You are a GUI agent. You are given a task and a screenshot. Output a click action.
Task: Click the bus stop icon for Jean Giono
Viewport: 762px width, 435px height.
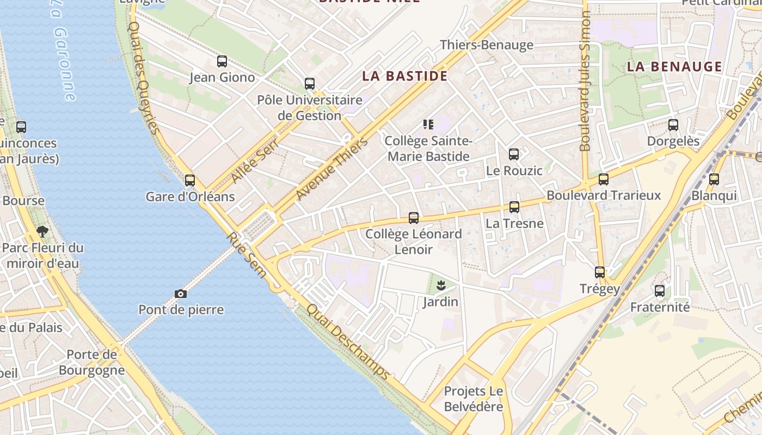tap(222, 61)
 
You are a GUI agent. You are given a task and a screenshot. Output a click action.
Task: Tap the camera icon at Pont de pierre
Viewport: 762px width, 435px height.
tap(181, 294)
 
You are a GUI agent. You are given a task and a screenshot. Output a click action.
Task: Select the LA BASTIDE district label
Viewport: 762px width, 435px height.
tap(405, 76)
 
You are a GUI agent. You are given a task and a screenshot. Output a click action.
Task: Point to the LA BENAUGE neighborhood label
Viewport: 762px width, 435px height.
tap(674, 67)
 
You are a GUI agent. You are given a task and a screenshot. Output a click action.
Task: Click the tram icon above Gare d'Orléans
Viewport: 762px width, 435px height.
tap(190, 180)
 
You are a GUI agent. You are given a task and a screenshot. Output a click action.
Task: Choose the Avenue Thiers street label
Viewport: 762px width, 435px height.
tap(331, 169)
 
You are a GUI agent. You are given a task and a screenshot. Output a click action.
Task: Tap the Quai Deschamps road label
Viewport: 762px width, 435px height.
tap(348, 341)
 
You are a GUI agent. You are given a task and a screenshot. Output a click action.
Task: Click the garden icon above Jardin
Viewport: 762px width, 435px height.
tap(441, 285)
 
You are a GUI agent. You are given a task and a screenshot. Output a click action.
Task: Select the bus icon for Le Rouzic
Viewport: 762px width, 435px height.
tap(514, 154)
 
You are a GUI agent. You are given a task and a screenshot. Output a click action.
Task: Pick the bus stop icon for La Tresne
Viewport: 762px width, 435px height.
tap(514, 207)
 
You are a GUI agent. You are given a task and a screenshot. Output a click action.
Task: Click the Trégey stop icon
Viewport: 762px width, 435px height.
tap(600, 272)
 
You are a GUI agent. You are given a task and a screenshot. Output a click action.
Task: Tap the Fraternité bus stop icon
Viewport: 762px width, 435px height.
tap(660, 291)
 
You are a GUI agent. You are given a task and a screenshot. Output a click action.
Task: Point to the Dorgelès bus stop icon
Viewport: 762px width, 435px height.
tap(673, 125)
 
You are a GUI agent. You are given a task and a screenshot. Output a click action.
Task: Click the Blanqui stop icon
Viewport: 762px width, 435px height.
tap(714, 179)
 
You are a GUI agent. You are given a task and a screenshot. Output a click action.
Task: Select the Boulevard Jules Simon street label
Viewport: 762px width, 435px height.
tap(585, 82)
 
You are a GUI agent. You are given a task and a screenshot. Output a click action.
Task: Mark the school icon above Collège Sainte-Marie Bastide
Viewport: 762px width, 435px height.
tap(428, 125)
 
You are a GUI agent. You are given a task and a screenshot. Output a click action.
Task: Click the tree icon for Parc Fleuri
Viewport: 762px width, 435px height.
tap(42, 232)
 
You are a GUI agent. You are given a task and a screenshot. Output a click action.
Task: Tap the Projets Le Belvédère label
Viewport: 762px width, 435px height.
tap(474, 399)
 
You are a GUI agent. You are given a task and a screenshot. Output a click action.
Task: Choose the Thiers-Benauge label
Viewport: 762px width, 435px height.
tap(487, 45)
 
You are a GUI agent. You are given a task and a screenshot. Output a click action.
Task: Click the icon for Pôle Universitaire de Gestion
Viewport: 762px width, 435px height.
tap(310, 84)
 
